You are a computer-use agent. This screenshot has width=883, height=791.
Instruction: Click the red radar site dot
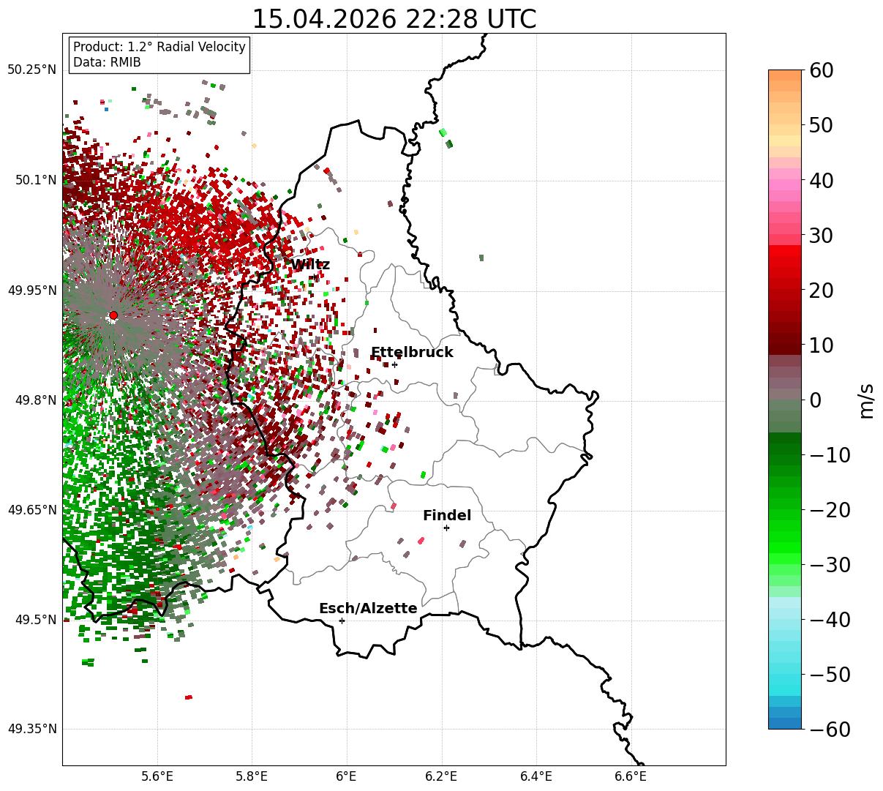tap(113, 315)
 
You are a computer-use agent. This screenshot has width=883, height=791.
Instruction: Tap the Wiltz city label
tap(310, 264)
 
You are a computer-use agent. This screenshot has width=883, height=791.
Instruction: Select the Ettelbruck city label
tap(412, 352)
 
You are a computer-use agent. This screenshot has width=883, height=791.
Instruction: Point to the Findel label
tap(447, 515)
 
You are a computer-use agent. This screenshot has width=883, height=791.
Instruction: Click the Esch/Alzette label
tap(368, 608)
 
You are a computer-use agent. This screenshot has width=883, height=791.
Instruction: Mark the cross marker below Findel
tap(446, 528)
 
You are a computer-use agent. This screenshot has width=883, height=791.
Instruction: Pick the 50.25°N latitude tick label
tap(31, 70)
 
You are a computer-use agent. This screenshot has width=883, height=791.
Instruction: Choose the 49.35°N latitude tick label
tap(31, 729)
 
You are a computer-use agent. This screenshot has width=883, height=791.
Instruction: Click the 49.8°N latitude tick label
tap(36, 400)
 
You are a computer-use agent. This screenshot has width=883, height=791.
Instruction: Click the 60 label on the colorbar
tap(821, 70)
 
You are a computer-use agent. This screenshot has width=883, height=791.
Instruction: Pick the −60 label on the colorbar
tap(830, 729)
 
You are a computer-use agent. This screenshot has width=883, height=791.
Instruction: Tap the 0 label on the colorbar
tap(816, 400)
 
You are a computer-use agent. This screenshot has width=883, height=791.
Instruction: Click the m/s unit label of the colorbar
tap(866, 401)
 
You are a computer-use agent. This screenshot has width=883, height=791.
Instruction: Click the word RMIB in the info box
tap(126, 62)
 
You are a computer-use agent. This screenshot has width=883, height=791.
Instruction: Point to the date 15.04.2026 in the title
tap(325, 19)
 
